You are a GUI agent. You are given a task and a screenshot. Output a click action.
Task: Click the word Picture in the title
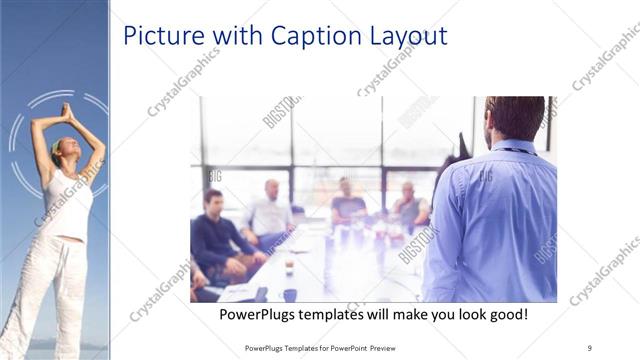(158, 37)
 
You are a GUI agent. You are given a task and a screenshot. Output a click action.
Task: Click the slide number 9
(590, 347)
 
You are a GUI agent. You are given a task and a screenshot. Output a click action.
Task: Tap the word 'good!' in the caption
(505, 315)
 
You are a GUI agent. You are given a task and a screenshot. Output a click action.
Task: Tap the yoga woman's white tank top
(68, 205)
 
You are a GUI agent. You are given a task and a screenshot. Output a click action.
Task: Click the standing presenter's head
(514, 119)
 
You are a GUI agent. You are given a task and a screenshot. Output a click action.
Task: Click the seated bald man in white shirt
(269, 213)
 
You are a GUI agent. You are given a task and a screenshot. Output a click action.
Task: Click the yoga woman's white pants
(45, 290)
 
